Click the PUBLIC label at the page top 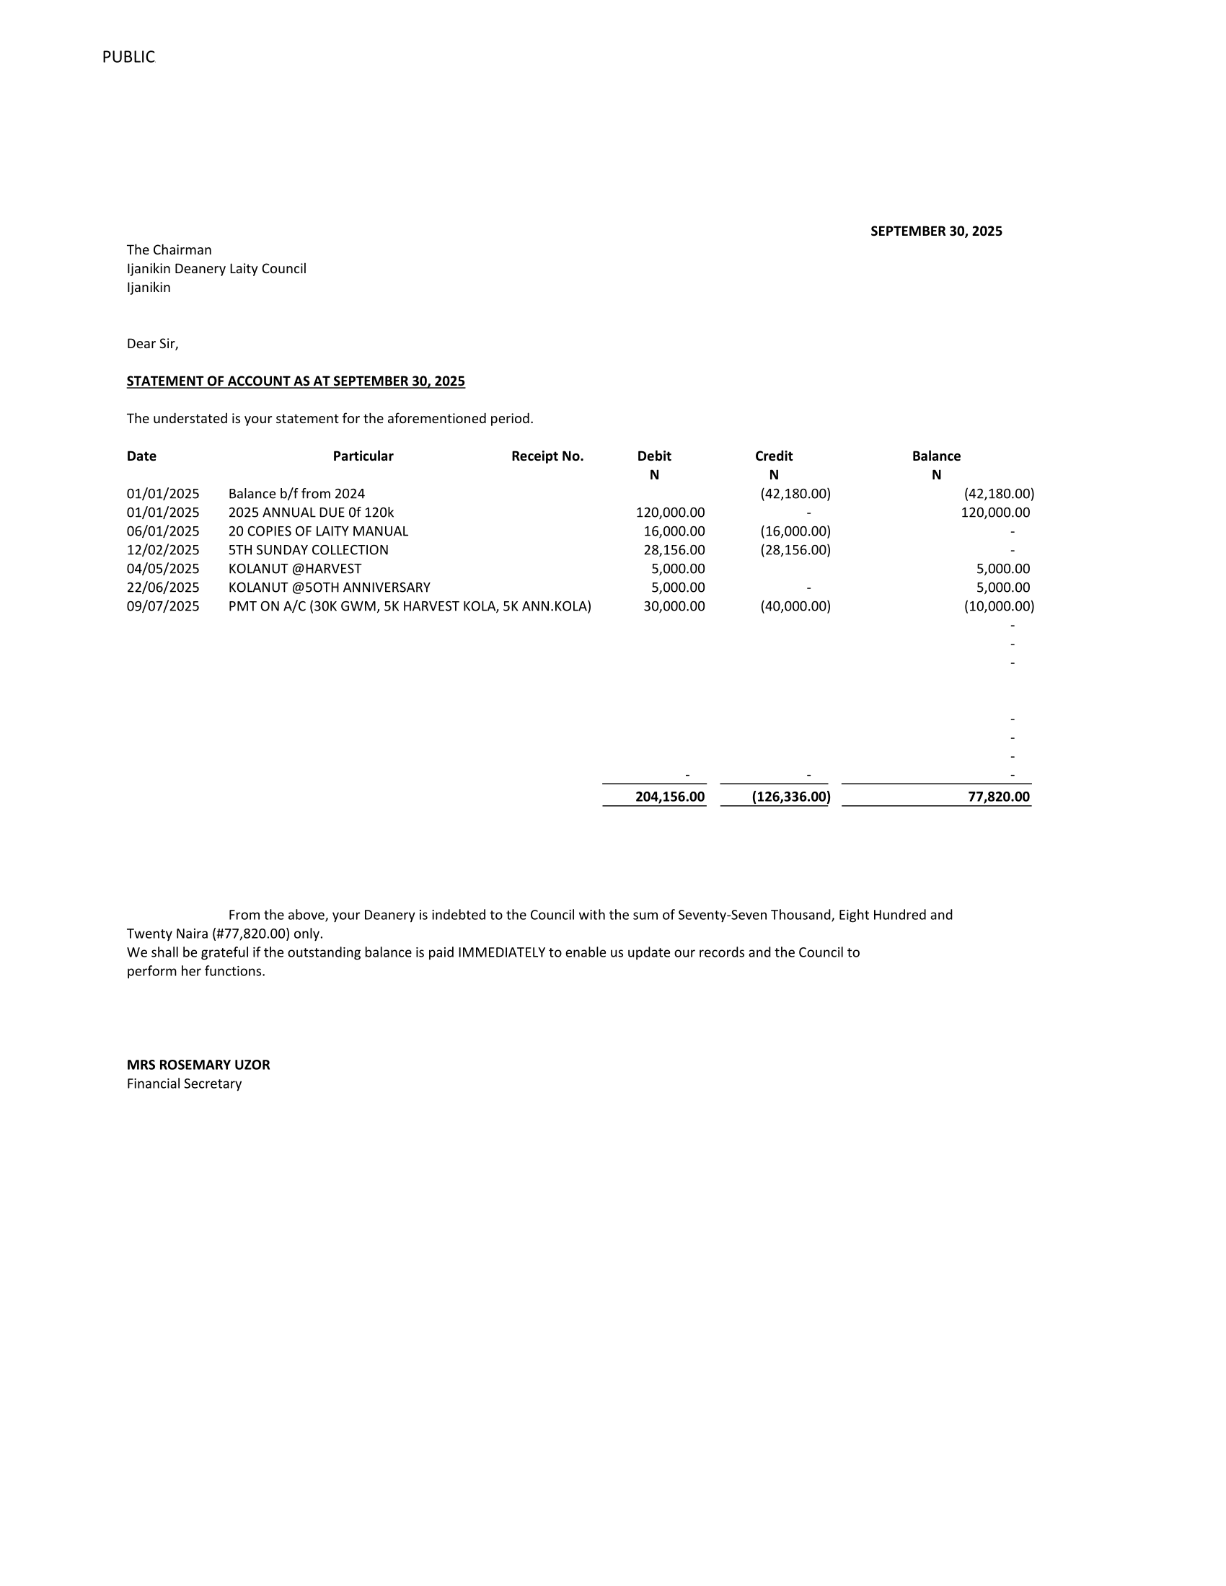point(128,57)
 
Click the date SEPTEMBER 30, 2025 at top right point(935,231)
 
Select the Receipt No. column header point(547,456)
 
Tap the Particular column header point(363,456)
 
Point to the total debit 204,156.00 point(670,797)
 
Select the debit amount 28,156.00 point(674,550)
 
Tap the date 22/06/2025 point(163,588)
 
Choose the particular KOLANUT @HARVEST point(294,569)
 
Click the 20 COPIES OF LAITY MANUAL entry point(318,531)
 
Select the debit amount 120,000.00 point(670,512)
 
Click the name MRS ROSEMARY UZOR point(198,1065)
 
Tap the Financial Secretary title point(184,1084)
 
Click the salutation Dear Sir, point(152,343)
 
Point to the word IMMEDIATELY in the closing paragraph point(501,952)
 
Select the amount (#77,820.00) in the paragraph point(251,933)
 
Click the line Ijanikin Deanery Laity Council point(216,269)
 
